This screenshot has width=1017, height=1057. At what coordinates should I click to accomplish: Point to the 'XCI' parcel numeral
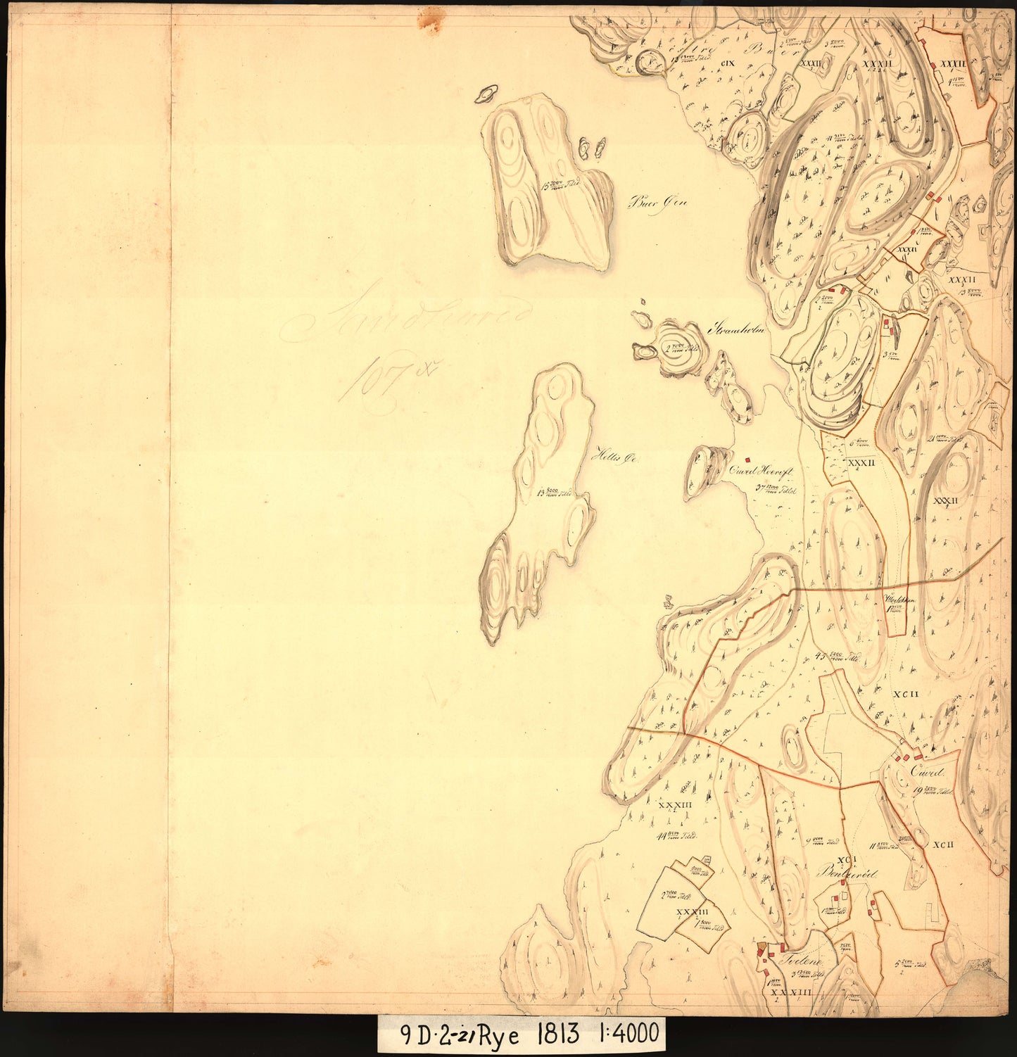847,859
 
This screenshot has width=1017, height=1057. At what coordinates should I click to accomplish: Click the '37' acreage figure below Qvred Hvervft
759,487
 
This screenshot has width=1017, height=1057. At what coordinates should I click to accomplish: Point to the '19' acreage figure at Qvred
918,790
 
